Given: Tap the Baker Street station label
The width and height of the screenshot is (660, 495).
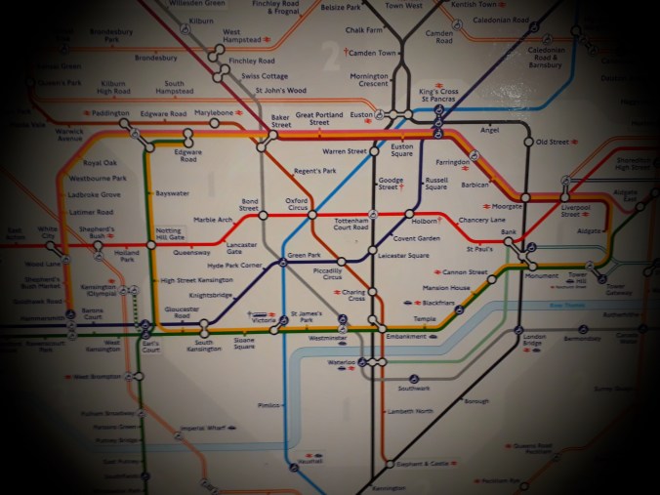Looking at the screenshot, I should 281,121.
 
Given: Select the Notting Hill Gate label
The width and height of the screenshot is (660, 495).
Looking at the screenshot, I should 169,234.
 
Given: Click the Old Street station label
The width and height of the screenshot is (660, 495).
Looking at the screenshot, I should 552,143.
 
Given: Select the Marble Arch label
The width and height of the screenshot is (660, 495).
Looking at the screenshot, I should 213,220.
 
